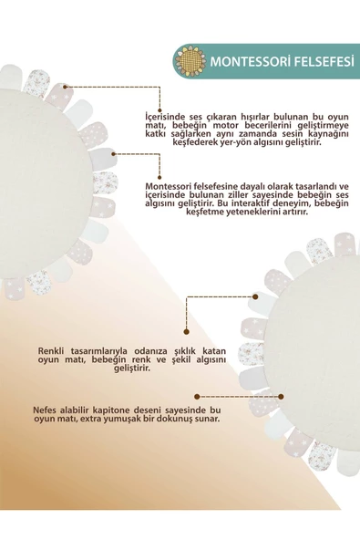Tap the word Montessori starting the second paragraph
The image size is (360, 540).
tap(171, 187)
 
